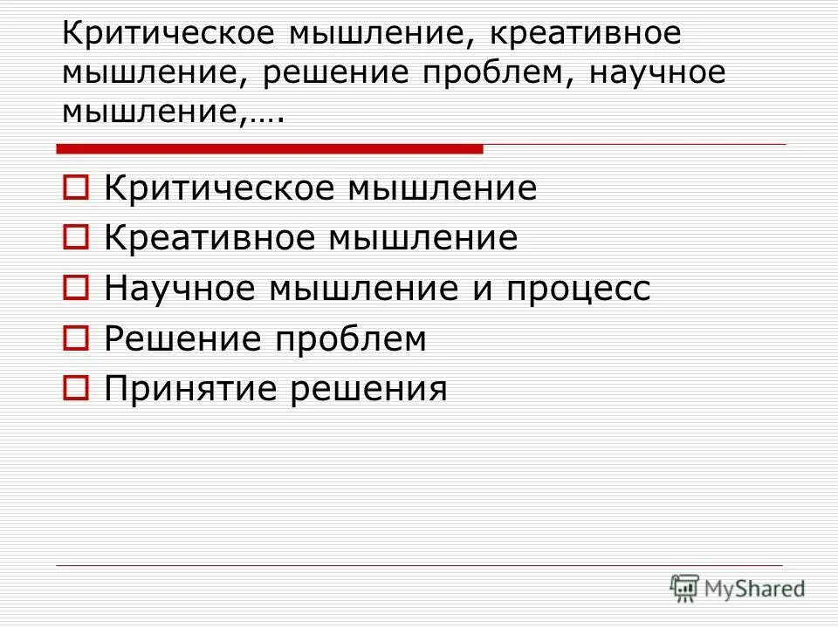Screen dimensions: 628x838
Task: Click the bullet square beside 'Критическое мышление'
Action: pyautogui.click(x=74, y=188)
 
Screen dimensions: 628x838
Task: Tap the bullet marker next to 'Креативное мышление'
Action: pyautogui.click(x=74, y=237)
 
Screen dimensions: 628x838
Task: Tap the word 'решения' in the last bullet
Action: pyautogui.click(x=367, y=389)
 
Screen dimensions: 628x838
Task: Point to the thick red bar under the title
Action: pyautogui.click(x=270, y=149)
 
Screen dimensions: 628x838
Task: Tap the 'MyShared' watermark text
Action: pyautogui.click(x=755, y=590)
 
